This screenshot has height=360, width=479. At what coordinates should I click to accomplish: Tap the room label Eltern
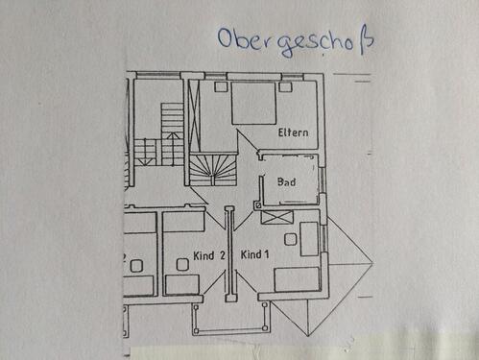(292, 132)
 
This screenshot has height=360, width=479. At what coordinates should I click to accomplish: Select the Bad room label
(286, 181)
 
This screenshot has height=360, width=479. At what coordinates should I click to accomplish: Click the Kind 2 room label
(208, 255)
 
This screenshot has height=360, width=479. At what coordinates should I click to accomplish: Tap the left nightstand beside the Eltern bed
(221, 87)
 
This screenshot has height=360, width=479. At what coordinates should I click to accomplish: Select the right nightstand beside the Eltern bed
(285, 86)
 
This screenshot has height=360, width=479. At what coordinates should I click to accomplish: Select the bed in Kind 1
(298, 280)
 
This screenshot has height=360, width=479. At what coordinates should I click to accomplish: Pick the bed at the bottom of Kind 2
(180, 283)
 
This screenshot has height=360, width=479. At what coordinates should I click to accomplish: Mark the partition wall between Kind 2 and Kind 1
(228, 254)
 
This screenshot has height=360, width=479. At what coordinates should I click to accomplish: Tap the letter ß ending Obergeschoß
(365, 40)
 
